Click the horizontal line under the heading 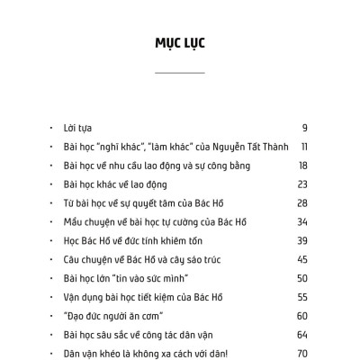[x=180, y=72]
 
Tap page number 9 [x=305, y=127]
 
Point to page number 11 [x=305, y=146]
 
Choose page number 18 [x=303, y=165]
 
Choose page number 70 [x=303, y=354]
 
